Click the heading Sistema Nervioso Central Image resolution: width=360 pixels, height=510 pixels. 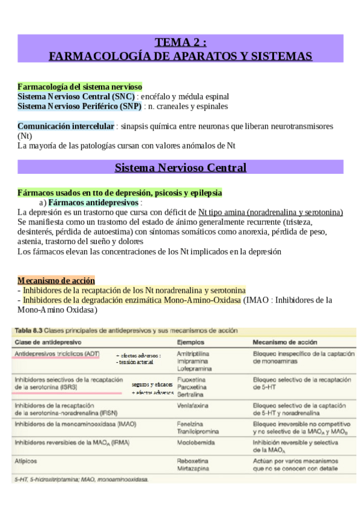coord(180,167)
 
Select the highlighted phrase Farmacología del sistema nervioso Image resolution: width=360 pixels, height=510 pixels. coord(80,87)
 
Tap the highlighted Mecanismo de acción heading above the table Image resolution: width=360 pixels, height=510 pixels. coord(56,280)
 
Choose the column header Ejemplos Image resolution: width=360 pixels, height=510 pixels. coord(191,341)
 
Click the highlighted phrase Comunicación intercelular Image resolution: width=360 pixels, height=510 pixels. coord(66,126)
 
